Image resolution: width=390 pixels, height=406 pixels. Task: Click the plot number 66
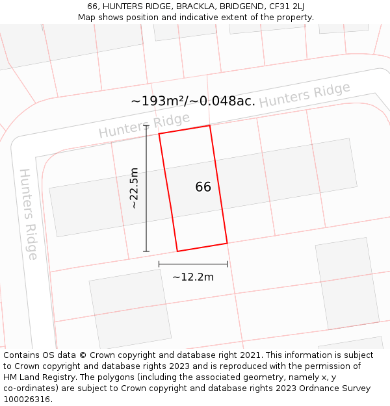(x=203, y=187)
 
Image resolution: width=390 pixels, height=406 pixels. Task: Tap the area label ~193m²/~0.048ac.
(x=193, y=101)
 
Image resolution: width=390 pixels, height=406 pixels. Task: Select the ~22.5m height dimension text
(x=134, y=188)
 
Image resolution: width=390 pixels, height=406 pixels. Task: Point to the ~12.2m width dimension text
(x=193, y=277)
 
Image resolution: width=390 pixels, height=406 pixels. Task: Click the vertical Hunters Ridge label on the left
(x=29, y=214)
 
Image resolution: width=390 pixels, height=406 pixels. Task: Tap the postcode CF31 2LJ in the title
(x=285, y=6)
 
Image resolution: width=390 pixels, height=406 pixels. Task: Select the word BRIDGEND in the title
(x=239, y=6)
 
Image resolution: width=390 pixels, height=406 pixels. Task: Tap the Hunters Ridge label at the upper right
(x=304, y=95)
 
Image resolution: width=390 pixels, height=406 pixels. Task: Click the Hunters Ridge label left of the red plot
(x=144, y=125)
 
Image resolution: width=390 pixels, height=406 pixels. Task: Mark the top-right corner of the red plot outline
(x=210, y=126)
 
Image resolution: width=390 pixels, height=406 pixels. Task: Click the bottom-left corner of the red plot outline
(x=177, y=251)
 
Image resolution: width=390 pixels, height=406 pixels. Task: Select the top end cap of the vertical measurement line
(x=146, y=126)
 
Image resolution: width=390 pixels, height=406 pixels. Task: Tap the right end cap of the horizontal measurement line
(x=227, y=264)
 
